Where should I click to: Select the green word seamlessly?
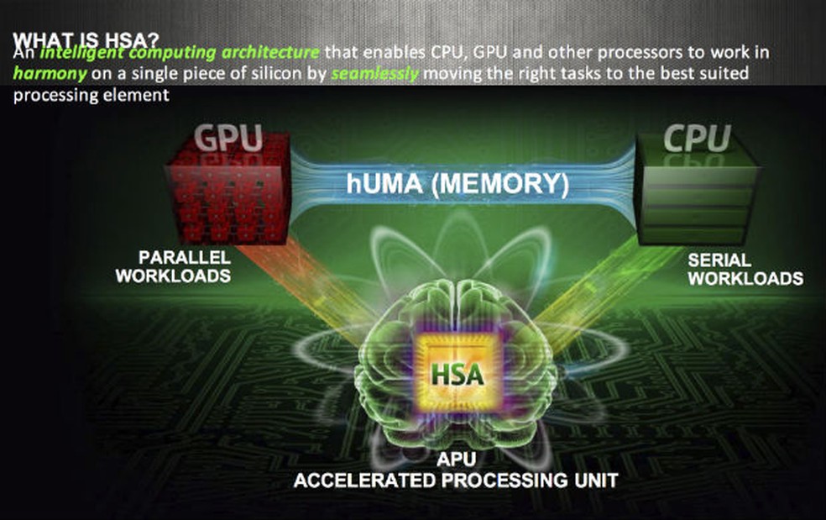(x=375, y=73)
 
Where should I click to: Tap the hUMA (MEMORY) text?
(x=457, y=183)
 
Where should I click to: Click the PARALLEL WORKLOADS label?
(x=173, y=265)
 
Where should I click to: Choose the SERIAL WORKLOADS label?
(x=745, y=268)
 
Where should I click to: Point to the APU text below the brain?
(x=453, y=461)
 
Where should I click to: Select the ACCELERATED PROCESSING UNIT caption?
(x=454, y=481)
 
